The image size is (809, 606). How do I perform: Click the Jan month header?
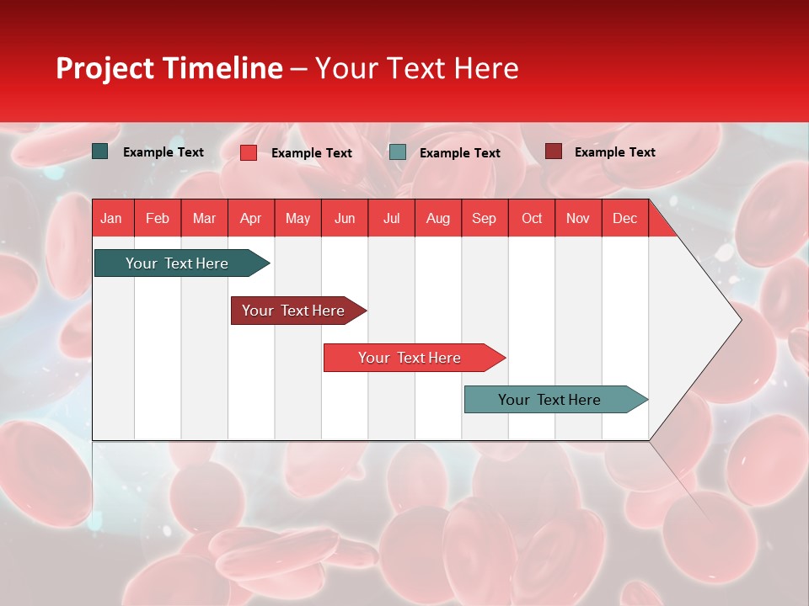coord(111,218)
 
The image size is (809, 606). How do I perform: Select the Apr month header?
coord(250,218)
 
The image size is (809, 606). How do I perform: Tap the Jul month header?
coord(391,218)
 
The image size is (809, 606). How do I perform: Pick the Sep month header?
coord(484,218)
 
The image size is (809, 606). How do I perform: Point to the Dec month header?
coord(624,218)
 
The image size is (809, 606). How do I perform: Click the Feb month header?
coord(158,218)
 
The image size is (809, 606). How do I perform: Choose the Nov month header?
coord(577,218)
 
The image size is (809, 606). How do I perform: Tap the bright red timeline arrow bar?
coord(410,358)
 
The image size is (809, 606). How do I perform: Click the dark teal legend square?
coord(99,151)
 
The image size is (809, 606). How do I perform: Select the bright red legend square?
coord(248,152)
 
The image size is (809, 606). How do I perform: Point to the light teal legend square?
coord(398,151)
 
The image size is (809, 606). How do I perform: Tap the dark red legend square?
coord(553,151)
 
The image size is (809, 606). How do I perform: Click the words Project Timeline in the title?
coord(169,68)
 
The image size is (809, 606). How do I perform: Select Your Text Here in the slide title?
coord(416,68)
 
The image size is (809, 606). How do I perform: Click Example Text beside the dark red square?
coord(614,152)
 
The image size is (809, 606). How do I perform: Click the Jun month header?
coord(344,218)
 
